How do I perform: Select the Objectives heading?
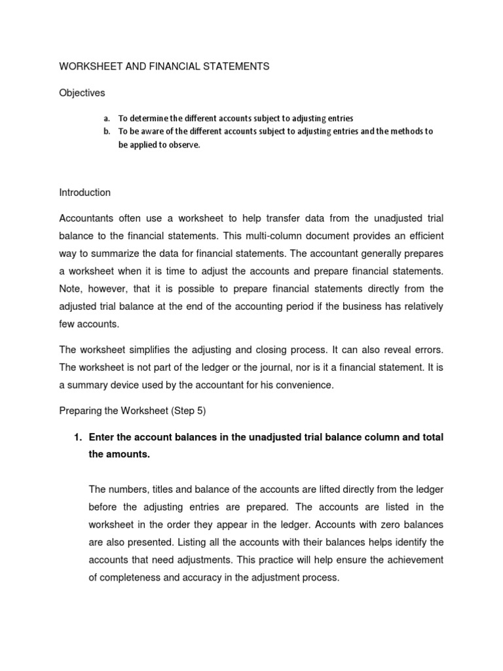coord(82,93)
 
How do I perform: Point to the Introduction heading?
coord(85,193)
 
